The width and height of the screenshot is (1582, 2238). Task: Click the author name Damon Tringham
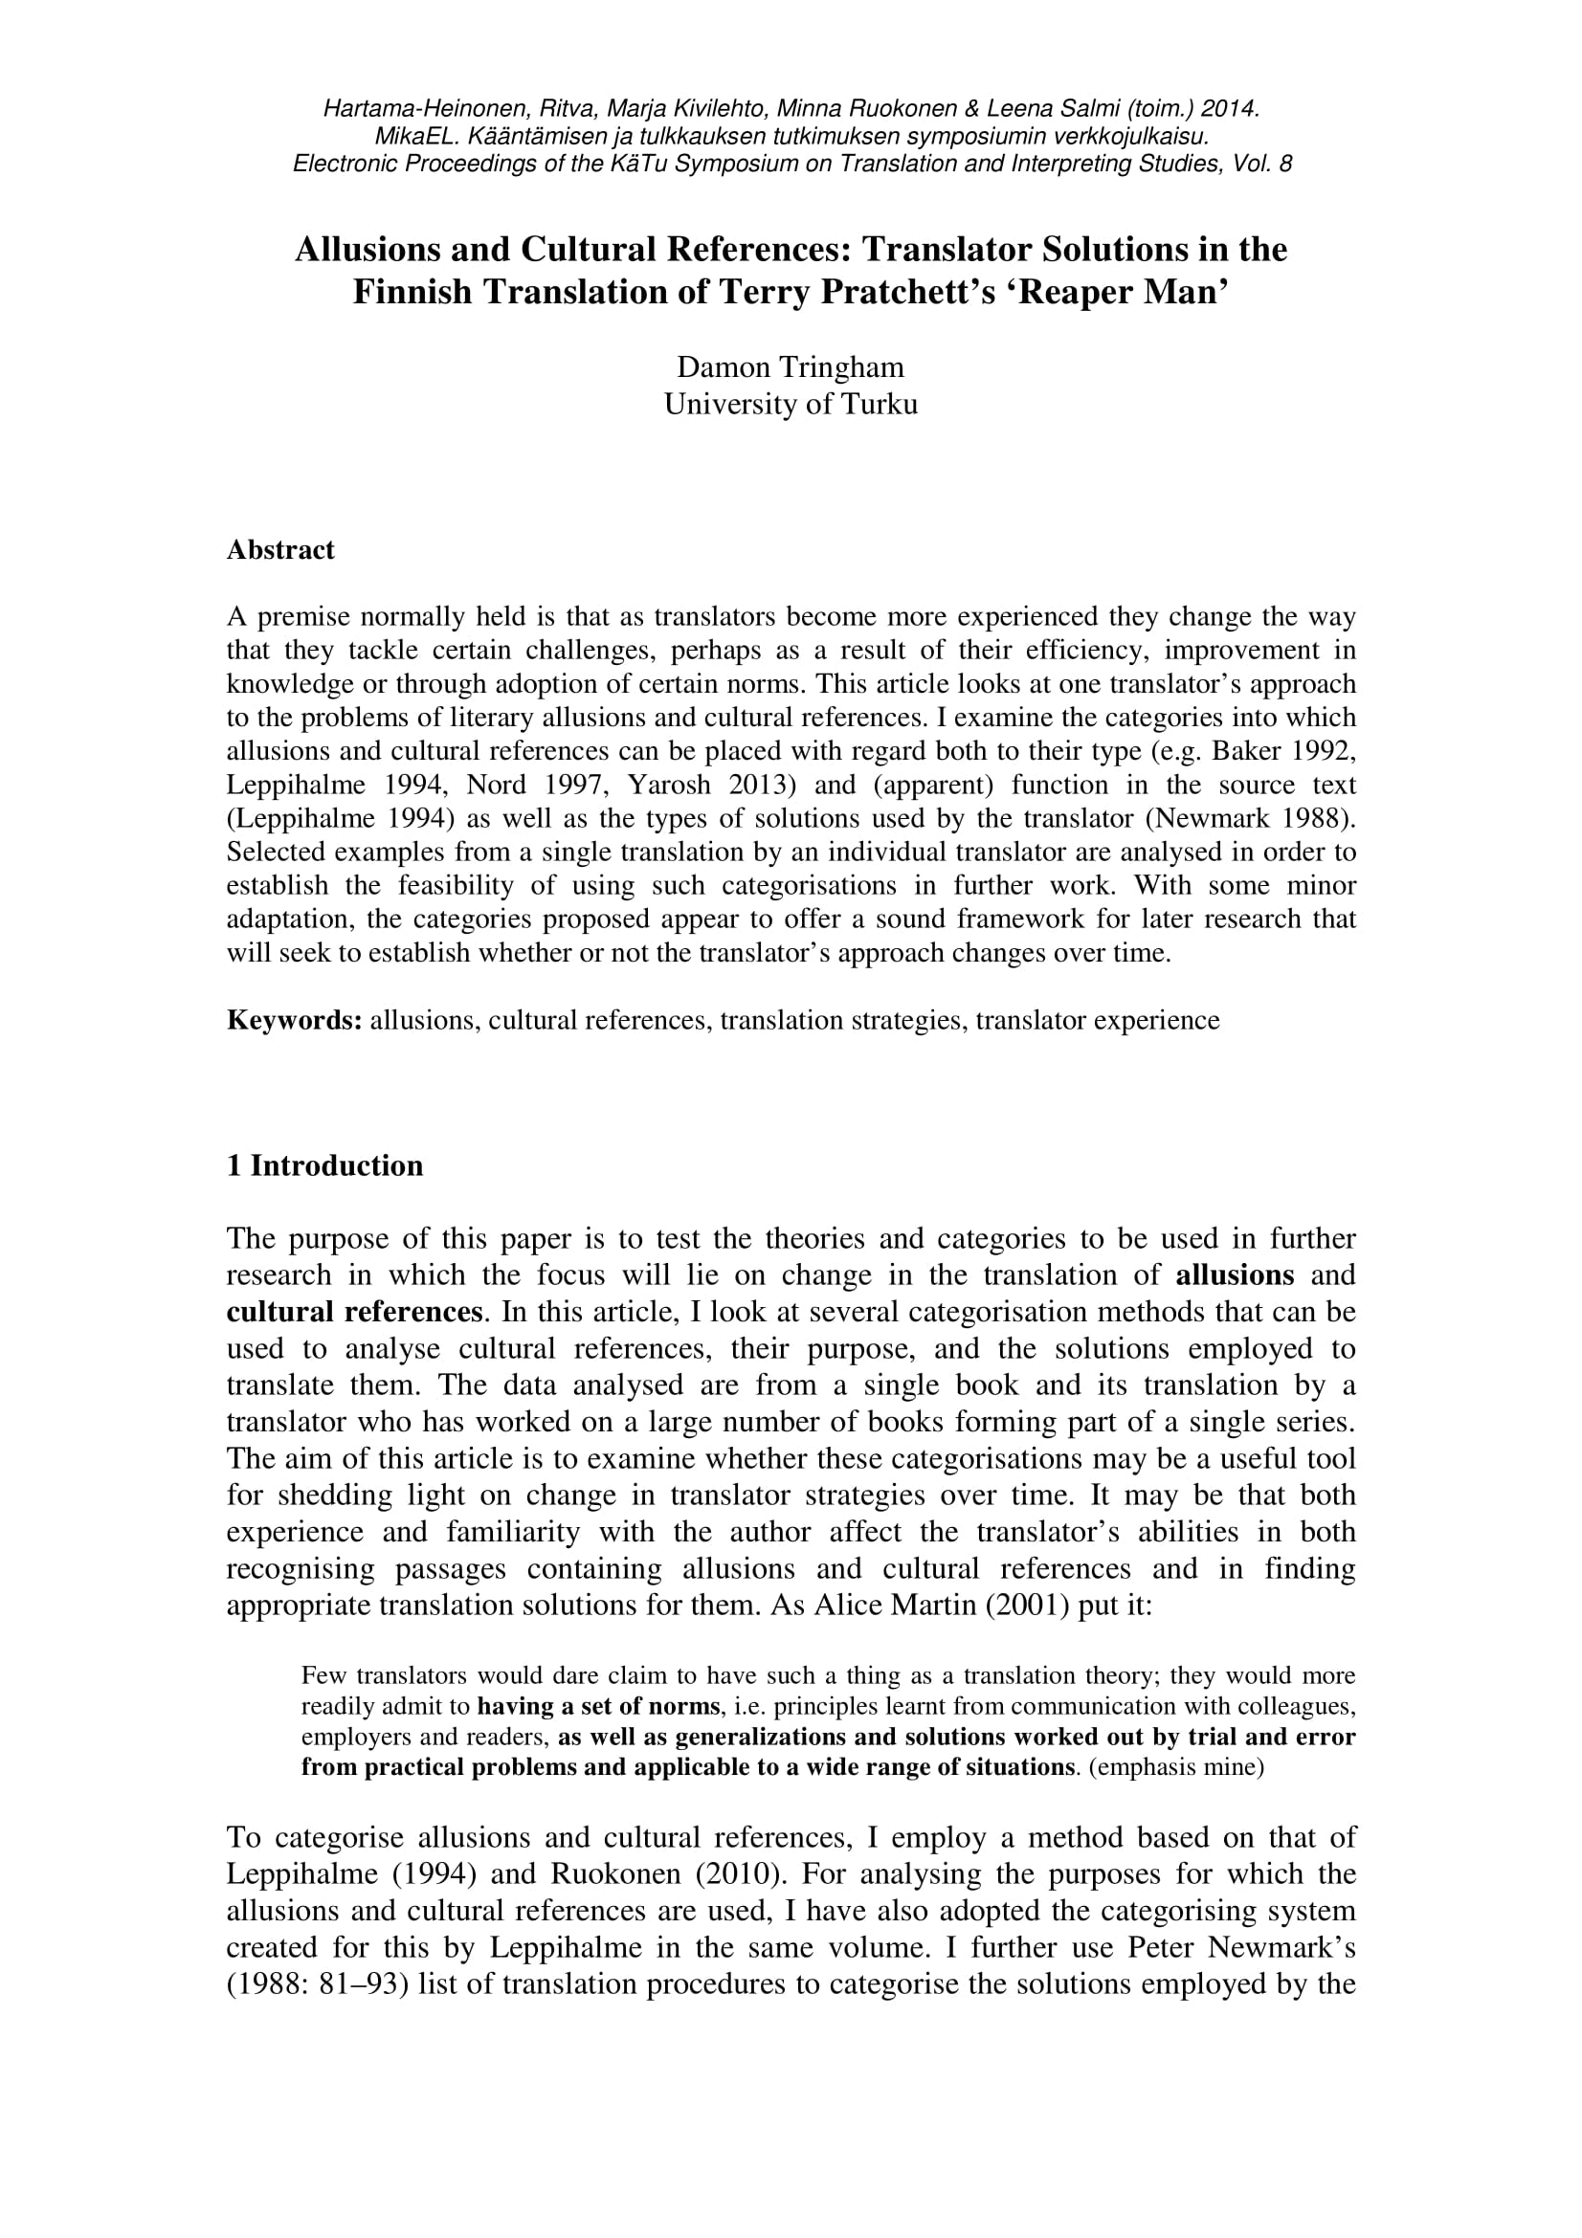(790, 367)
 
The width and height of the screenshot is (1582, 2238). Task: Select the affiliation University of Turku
(790, 404)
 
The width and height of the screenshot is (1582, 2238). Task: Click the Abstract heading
(279, 550)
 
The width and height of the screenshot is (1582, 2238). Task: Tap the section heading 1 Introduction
(324, 1165)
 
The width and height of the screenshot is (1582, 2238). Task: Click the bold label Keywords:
(295, 1021)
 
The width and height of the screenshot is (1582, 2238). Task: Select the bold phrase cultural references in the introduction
(354, 1312)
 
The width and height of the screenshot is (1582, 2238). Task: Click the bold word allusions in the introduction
(1235, 1274)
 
